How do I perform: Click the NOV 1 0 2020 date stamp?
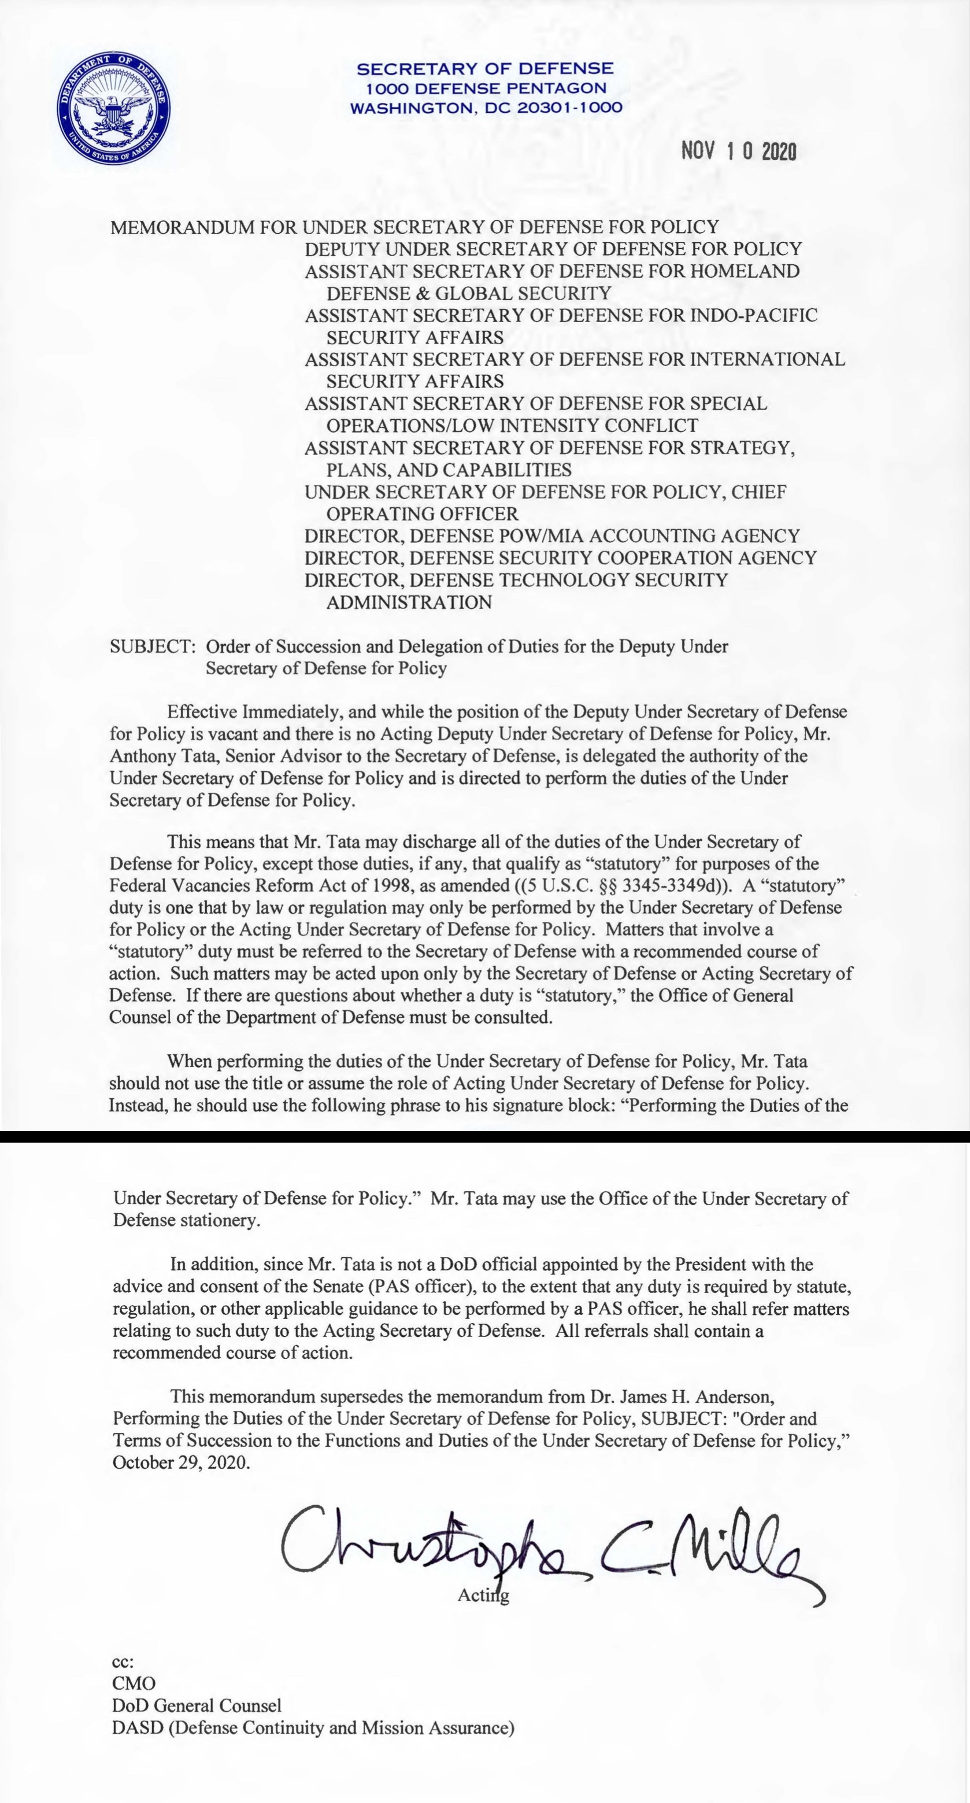coord(738,150)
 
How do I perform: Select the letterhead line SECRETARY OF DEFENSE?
coord(485,69)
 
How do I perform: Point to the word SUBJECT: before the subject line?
coord(152,646)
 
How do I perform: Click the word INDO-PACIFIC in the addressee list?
coord(753,315)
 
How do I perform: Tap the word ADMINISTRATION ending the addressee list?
coord(409,602)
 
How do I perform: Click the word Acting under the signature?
coord(483,1595)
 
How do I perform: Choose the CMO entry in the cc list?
coord(134,1683)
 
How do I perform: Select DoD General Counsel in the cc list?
coord(197,1706)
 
